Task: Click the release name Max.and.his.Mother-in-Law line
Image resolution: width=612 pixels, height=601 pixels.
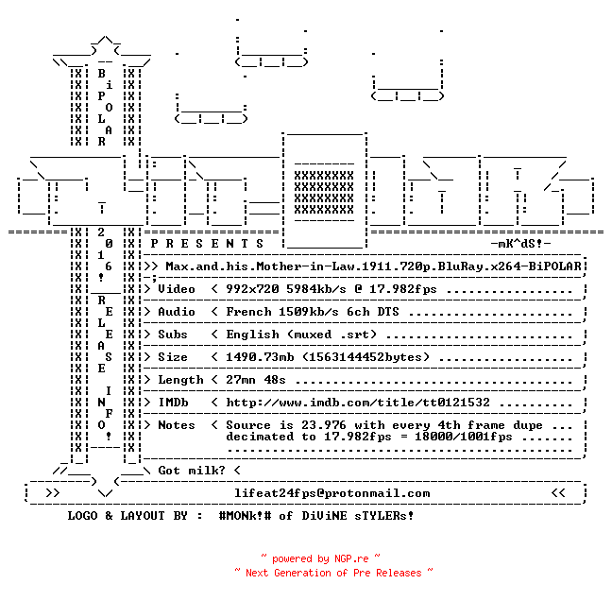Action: [373, 266]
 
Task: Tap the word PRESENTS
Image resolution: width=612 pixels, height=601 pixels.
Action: [207, 244]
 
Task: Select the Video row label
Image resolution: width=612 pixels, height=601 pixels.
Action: [176, 289]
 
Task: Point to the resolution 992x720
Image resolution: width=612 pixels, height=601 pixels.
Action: [252, 289]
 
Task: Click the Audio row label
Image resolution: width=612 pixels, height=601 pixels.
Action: [176, 312]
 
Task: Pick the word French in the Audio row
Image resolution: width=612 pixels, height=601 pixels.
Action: [248, 312]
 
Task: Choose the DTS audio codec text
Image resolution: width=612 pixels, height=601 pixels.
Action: [388, 312]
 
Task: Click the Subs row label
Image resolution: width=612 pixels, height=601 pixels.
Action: [173, 335]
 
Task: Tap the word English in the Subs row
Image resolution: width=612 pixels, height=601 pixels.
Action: [252, 335]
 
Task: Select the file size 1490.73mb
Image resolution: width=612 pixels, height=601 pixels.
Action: [260, 357]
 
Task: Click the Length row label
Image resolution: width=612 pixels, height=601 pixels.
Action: [180, 380]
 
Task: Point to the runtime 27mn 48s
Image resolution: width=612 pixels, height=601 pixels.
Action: [256, 380]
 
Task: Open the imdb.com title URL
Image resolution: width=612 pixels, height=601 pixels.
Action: [358, 403]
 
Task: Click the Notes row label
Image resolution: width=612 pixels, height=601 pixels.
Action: [176, 425]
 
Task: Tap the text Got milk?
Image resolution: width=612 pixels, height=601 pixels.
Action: [192, 471]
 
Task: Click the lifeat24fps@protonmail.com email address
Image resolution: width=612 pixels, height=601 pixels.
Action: [332, 493]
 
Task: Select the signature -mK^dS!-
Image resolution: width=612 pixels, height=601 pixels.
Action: [520, 244]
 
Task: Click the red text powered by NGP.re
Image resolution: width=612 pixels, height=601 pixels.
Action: [320, 558]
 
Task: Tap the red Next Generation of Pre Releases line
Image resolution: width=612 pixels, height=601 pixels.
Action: [333, 573]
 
